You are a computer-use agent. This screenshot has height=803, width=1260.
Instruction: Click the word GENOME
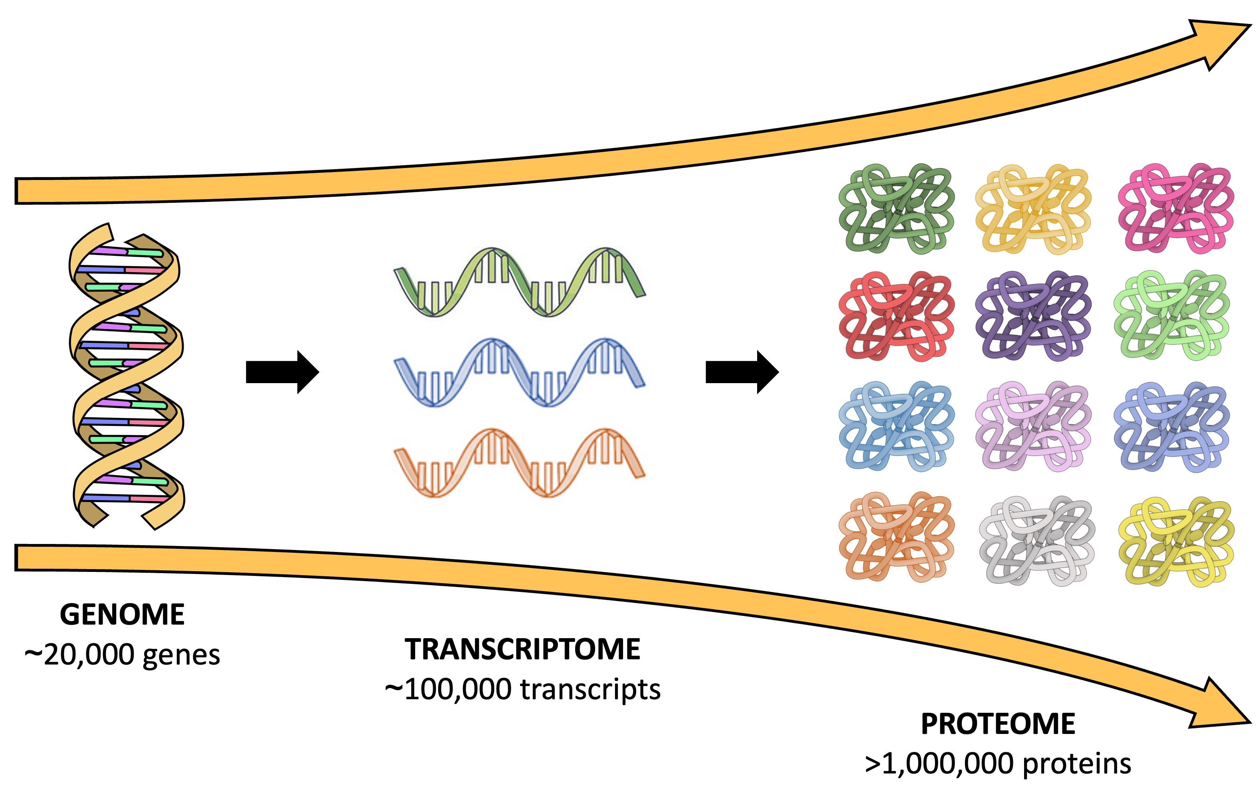click(x=122, y=615)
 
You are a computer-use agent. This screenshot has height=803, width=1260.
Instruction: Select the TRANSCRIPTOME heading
click(x=522, y=650)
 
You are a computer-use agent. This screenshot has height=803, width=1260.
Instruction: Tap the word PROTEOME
click(x=998, y=724)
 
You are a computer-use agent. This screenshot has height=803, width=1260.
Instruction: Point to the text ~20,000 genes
click(x=122, y=655)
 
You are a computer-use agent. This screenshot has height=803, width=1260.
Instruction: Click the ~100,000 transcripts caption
click(x=522, y=690)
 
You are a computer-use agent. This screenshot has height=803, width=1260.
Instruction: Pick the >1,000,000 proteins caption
click(x=998, y=764)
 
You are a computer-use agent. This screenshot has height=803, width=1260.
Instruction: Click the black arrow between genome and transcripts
click(x=281, y=372)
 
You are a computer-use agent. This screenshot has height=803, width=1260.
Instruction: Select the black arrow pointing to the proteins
click(x=742, y=372)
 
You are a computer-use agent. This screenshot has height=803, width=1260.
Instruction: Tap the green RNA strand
click(x=519, y=283)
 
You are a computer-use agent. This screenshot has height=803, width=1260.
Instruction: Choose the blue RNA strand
click(x=519, y=372)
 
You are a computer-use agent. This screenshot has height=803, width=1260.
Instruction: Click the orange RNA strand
click(x=519, y=463)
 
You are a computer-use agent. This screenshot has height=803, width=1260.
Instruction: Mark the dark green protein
click(x=896, y=209)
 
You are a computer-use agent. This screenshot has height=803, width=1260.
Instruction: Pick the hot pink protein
click(x=1176, y=209)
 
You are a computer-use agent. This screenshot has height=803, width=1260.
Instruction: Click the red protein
click(x=896, y=316)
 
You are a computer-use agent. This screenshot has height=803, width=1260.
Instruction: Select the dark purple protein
click(x=1033, y=316)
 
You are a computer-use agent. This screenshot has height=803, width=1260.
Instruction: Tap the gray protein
click(x=1036, y=540)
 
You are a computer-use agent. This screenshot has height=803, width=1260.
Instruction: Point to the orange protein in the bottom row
click(x=896, y=537)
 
